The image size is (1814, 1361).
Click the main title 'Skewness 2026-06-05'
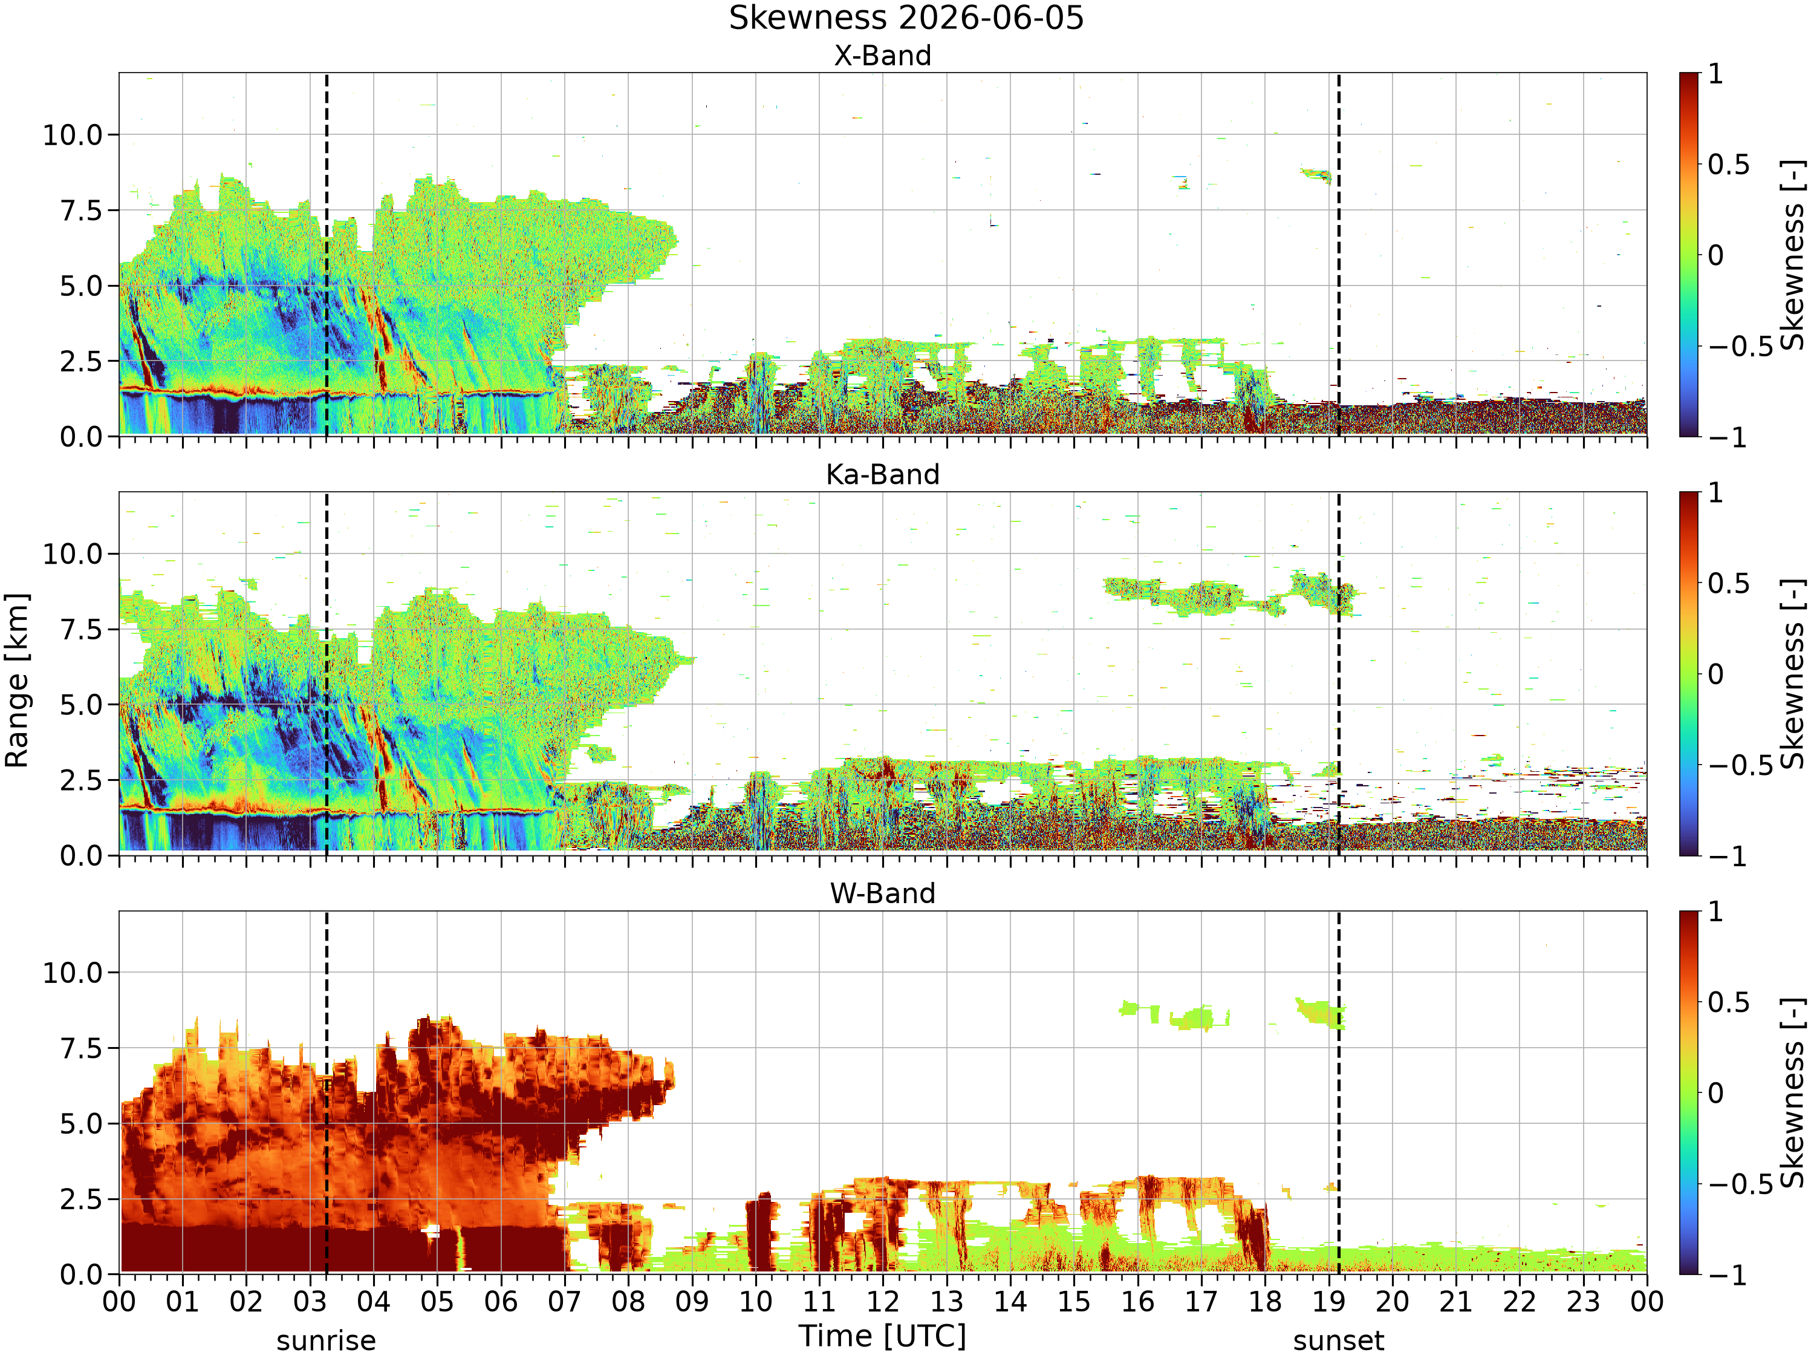click(x=906, y=18)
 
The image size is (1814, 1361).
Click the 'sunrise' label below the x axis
click(x=327, y=1340)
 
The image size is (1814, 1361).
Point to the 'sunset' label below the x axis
click(x=1338, y=1340)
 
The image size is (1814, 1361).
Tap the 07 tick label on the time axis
click(x=564, y=1301)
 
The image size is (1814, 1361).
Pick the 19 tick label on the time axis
click(x=1328, y=1301)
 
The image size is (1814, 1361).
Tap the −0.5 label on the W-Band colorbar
click(x=1740, y=1184)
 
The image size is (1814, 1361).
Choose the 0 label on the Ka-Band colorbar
click(x=1715, y=674)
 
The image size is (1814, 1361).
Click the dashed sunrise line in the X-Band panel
click(x=327, y=254)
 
